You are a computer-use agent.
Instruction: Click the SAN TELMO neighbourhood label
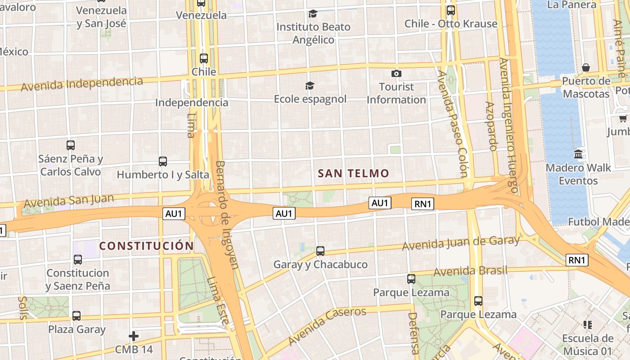click(353, 173)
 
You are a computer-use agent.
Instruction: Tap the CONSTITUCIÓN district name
click(146, 246)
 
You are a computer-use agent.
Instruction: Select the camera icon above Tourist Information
click(396, 73)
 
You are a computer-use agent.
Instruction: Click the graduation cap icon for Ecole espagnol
click(310, 85)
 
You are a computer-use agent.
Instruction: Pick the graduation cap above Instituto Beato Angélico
click(313, 14)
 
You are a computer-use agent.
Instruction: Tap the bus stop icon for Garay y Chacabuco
click(320, 251)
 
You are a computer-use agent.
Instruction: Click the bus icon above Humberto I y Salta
click(163, 161)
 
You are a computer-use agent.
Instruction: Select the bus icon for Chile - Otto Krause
click(450, 10)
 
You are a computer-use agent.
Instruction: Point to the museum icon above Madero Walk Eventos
click(579, 154)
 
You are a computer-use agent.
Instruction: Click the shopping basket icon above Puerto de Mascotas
click(586, 68)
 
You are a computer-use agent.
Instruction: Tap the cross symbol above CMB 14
click(134, 336)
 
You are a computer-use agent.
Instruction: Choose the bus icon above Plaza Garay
click(76, 316)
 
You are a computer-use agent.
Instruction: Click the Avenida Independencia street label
click(82, 83)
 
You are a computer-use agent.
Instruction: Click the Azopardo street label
click(491, 126)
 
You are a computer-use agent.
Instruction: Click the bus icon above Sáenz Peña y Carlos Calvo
click(71, 145)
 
